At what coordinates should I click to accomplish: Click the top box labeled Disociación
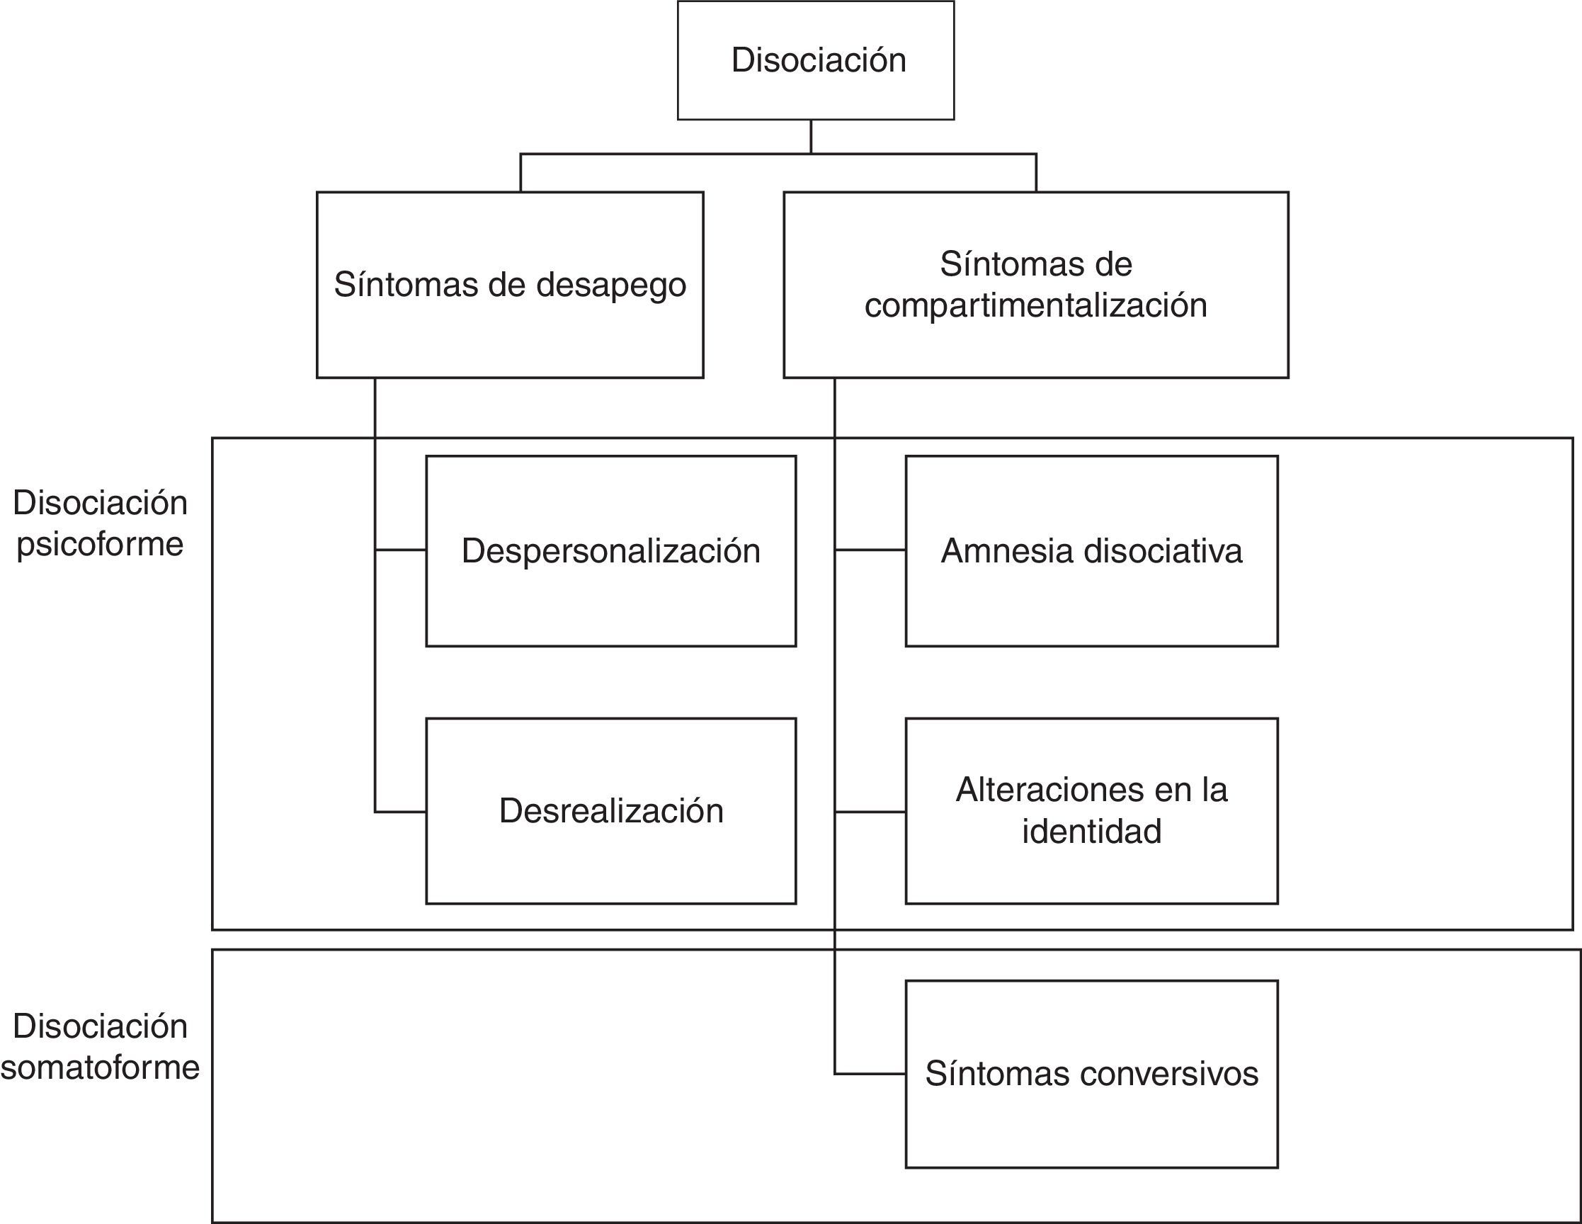(x=816, y=60)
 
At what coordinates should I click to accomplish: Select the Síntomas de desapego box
(x=510, y=285)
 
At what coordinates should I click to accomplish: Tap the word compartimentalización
(x=1036, y=305)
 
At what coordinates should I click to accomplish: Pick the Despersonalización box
(x=610, y=551)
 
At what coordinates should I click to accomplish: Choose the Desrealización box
(x=610, y=810)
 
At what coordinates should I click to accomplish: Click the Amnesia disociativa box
(x=1092, y=551)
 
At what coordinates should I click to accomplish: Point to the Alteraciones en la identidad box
(x=1092, y=810)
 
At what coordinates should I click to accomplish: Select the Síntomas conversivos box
(x=1092, y=1073)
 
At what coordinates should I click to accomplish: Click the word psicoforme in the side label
(x=100, y=544)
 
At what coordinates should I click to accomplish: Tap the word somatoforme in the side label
(x=100, y=1067)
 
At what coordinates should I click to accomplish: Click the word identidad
(x=1092, y=831)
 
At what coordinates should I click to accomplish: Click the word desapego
(x=610, y=285)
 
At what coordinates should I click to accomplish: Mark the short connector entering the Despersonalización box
(x=401, y=550)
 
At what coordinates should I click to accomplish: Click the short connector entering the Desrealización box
(x=401, y=812)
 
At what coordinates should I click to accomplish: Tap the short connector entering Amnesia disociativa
(x=870, y=550)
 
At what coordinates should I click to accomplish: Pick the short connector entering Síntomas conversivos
(x=870, y=1073)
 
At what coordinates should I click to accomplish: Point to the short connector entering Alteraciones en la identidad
(x=870, y=812)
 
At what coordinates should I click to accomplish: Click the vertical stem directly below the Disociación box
(x=811, y=136)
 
